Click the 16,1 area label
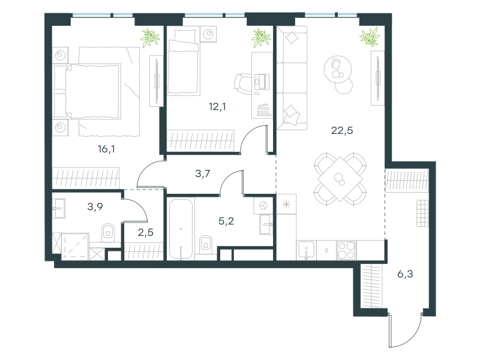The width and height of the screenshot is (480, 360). pyautogui.click(x=106, y=149)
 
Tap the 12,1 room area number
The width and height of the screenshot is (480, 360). pyautogui.click(x=217, y=107)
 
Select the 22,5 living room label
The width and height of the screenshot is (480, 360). pyautogui.click(x=342, y=130)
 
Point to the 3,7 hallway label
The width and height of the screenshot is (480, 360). pyautogui.click(x=203, y=173)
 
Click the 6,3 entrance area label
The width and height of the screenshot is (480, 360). pyautogui.click(x=405, y=274)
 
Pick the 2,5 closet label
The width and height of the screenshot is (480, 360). pyautogui.click(x=145, y=232)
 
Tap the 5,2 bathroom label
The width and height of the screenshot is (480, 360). pyautogui.click(x=226, y=221)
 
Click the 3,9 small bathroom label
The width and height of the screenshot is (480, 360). pyautogui.click(x=95, y=206)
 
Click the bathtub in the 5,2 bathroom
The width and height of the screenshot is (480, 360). pyautogui.click(x=181, y=229)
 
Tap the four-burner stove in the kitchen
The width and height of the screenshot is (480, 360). pyautogui.click(x=346, y=250)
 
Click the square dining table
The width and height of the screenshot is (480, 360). pyautogui.click(x=340, y=179)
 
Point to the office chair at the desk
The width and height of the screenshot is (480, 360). pyautogui.click(x=244, y=83)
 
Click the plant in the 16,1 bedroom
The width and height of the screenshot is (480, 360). pyautogui.click(x=150, y=38)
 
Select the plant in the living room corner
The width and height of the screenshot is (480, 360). pyautogui.click(x=370, y=37)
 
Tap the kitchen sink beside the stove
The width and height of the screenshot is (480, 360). pyautogui.click(x=307, y=250)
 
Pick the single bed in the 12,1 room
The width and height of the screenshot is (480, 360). pyautogui.click(x=184, y=61)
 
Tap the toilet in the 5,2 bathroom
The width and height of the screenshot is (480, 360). pyautogui.click(x=206, y=244)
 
